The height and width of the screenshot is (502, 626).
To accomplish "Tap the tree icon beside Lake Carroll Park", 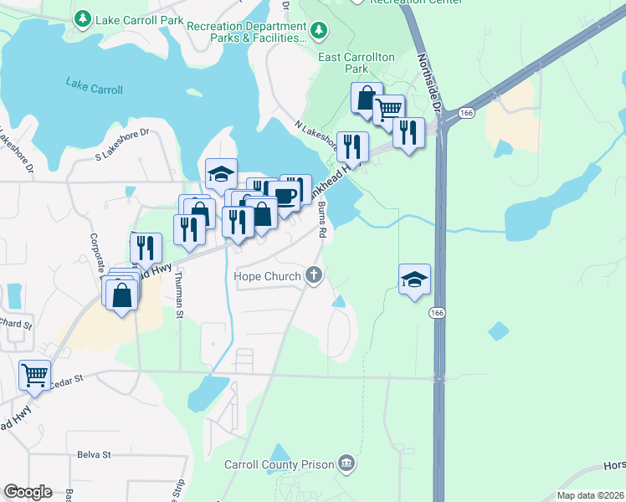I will (x=83, y=18).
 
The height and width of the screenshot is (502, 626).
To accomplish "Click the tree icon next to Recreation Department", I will (x=318, y=32).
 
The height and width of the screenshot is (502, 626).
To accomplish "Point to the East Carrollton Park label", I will (x=357, y=57).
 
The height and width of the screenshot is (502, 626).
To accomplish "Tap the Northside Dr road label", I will (x=427, y=84).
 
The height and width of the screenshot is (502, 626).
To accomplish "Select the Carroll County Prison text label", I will (x=280, y=464).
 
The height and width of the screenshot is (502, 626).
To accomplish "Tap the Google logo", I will (x=28, y=491).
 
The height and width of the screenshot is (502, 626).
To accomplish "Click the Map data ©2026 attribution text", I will (x=589, y=495).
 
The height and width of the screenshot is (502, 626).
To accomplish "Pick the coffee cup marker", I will (x=286, y=196).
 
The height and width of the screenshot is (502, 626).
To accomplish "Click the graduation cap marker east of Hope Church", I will (x=414, y=279).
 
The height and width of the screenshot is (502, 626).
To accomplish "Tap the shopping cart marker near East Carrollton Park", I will (x=387, y=109).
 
